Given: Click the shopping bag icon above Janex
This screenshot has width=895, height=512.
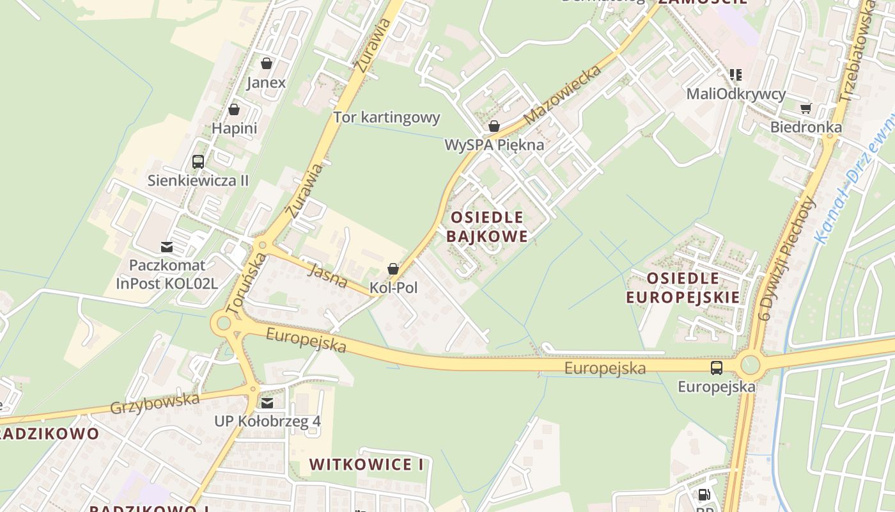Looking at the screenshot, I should click(x=267, y=63).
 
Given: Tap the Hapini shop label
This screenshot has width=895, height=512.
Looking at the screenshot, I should click(x=234, y=128).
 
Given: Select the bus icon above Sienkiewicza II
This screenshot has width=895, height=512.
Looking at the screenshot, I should click(x=198, y=161).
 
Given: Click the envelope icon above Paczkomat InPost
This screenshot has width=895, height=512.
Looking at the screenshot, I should click(x=167, y=246).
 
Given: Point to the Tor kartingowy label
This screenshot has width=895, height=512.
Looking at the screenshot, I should click(x=387, y=117).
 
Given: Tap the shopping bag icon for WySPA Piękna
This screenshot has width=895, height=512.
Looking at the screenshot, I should click(x=494, y=126).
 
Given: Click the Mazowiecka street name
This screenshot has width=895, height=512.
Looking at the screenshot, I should click(x=563, y=94).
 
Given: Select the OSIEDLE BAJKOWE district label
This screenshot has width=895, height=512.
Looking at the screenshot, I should click(x=487, y=227).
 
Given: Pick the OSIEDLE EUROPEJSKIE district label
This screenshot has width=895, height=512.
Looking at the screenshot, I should click(x=683, y=287).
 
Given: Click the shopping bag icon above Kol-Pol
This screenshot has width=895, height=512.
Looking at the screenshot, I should click(x=393, y=269).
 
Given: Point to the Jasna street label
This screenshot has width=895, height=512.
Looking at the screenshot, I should click(x=327, y=275).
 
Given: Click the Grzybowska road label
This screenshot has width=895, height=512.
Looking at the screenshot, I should click(x=155, y=403).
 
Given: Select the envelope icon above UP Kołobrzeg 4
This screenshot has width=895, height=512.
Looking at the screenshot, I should click(x=267, y=403).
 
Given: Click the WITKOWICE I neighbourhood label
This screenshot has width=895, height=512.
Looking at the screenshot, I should click(x=366, y=465).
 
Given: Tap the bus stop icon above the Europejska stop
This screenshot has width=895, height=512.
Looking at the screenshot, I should click(x=717, y=368).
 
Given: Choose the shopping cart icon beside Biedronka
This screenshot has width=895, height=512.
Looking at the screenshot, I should click(x=805, y=108).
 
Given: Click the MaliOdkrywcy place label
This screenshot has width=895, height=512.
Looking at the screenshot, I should click(x=736, y=94).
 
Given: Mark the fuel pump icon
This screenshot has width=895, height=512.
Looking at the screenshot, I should click(x=704, y=494).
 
